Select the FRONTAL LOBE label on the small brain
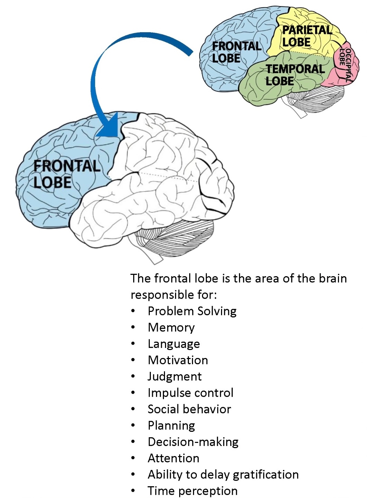click(236, 52)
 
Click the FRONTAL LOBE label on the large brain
click(66, 174)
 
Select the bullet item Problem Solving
click(192, 311)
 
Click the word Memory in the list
click(171, 327)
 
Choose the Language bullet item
click(174, 344)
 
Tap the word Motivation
click(178, 360)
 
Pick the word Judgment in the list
click(175, 376)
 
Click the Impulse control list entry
click(190, 393)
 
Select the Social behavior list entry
click(189, 409)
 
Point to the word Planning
click(171, 425)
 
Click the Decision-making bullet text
click(193, 442)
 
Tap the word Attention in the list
click(173, 458)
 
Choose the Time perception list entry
click(192, 491)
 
